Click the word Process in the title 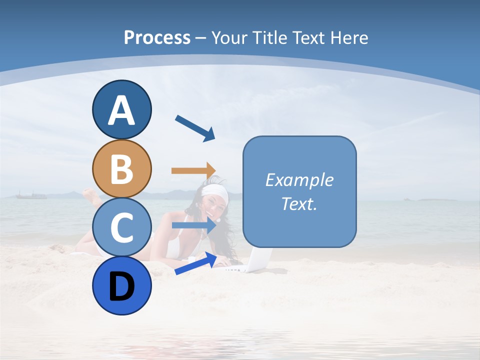[157, 37]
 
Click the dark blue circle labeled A [121, 109]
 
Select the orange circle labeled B [121, 168]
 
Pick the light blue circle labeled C [121, 227]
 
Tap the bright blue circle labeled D [121, 285]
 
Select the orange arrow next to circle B [193, 171]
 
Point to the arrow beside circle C [193, 225]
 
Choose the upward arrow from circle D [195, 263]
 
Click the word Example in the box [299, 180]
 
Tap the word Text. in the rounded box [299, 203]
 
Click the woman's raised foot [90, 195]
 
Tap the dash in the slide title [200, 37]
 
